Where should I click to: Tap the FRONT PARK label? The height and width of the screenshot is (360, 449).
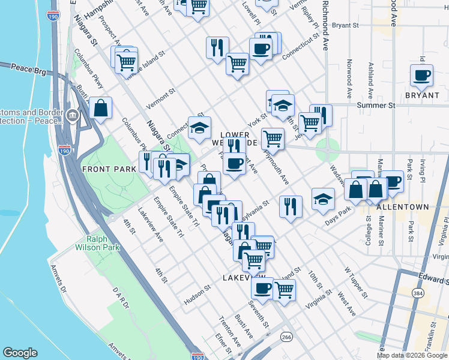coord(109,169)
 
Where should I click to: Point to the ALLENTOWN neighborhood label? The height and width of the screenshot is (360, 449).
coord(403,207)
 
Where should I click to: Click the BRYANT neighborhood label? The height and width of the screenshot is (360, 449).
coord(421,95)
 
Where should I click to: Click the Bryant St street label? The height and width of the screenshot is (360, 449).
coord(345,26)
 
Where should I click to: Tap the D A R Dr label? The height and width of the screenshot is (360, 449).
coord(121,298)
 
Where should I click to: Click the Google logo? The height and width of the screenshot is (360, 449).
coord(20,353)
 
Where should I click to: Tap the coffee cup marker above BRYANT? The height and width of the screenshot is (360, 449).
coord(421,76)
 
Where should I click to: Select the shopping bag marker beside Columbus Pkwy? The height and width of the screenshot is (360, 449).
coord(101,109)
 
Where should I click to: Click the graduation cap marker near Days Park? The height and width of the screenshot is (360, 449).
coord(323,199)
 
